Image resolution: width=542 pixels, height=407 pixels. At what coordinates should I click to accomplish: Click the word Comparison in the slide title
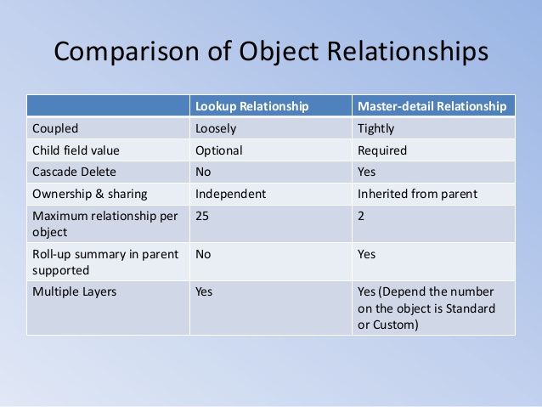pyautogui.click(x=127, y=52)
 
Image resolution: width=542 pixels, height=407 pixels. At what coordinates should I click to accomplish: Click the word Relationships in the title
pyautogui.click(x=408, y=52)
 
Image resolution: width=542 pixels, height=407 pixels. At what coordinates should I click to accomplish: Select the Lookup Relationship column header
pyautogui.click(x=252, y=106)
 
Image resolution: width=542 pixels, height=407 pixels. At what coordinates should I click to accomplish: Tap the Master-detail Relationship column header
pyautogui.click(x=432, y=106)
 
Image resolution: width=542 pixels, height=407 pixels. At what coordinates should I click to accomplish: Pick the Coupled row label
pyautogui.click(x=55, y=128)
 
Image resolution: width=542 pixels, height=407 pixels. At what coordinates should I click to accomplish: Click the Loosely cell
pyautogui.click(x=216, y=128)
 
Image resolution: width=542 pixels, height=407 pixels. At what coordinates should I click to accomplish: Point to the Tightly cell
pyautogui.click(x=375, y=128)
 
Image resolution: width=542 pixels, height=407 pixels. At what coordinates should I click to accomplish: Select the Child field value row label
pyautogui.click(x=76, y=150)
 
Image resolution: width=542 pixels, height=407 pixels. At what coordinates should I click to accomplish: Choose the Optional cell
pyautogui.click(x=219, y=150)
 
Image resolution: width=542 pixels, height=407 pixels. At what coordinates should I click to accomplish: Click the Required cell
pyautogui.click(x=382, y=150)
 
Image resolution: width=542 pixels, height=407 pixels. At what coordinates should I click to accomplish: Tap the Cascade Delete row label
pyautogui.click(x=74, y=172)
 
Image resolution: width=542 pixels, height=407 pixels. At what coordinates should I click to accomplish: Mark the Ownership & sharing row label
pyautogui.click(x=90, y=194)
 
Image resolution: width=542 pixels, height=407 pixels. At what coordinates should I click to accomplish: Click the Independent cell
pyautogui.click(x=230, y=194)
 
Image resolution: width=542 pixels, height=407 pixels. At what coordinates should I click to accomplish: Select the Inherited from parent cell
pyautogui.click(x=418, y=194)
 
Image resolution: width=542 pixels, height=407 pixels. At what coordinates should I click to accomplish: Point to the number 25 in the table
pyautogui.click(x=202, y=216)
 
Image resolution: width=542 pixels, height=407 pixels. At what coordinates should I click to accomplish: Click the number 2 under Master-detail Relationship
pyautogui.click(x=361, y=216)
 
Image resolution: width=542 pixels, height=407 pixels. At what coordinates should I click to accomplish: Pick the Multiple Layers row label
pyautogui.click(x=74, y=291)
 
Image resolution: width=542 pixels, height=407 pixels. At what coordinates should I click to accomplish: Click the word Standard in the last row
pyautogui.click(x=471, y=308)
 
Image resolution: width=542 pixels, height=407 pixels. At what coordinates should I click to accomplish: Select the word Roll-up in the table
pyautogui.click(x=52, y=255)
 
